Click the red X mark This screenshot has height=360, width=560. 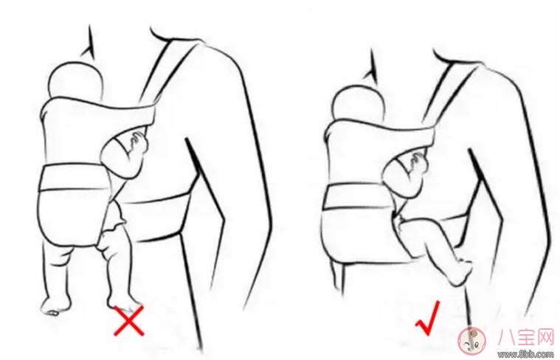(129, 320)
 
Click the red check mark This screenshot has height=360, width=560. (427, 319)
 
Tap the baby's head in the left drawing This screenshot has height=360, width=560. (75, 80)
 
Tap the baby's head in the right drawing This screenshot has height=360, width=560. (358, 103)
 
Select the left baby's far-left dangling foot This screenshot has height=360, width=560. (55, 306)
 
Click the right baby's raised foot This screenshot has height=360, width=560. (460, 272)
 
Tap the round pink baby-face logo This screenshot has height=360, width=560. (471, 339)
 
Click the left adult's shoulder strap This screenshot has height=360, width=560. (168, 72)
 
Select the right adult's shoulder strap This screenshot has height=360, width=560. (451, 93)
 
